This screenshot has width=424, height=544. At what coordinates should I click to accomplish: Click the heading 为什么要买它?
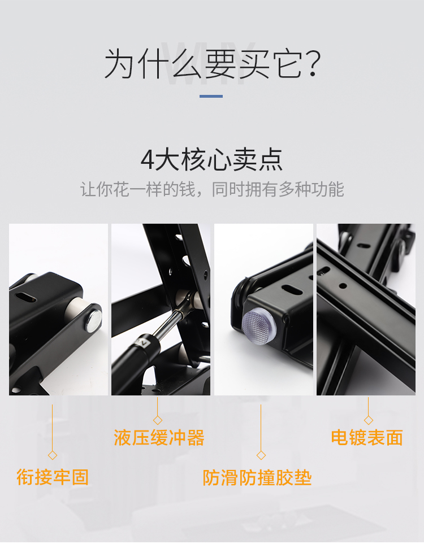coord(212,64)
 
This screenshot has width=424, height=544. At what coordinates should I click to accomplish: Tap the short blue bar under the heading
coord(211,96)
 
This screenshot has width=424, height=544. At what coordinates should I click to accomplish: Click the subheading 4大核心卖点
coord(212,160)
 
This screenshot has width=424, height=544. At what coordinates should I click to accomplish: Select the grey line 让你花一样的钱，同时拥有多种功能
coord(212,189)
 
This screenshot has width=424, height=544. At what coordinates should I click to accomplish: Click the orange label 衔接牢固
coord(53,477)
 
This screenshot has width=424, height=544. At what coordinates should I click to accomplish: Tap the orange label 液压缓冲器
coord(159,437)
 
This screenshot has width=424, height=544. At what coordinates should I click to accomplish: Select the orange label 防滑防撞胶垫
coord(257,478)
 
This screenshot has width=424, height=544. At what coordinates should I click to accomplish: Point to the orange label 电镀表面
coord(367,437)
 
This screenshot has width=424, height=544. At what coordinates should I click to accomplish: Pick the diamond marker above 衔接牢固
coord(53,455)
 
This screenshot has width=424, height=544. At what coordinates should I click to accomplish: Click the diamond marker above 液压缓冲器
coord(158,420)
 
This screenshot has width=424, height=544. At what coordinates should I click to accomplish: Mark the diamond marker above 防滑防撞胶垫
coord(261,455)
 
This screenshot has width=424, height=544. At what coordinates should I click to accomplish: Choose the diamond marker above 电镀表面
coord(369,420)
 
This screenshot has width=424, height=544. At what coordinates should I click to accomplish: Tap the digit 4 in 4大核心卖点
coord(147,160)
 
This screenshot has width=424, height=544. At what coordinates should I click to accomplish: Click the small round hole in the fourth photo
coord(343,286)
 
